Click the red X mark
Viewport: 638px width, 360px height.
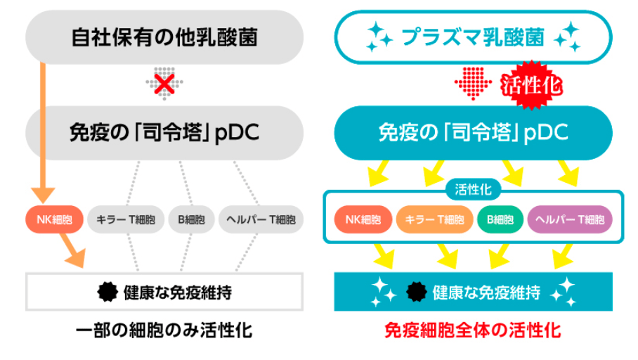click(x=164, y=84)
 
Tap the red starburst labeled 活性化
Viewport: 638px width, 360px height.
click(x=531, y=85)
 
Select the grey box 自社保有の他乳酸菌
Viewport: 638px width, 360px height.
click(x=164, y=37)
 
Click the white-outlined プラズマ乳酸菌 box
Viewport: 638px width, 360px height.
click(x=473, y=37)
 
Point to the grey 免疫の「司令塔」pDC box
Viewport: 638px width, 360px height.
click(x=164, y=133)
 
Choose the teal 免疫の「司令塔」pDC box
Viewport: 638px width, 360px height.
click(x=473, y=133)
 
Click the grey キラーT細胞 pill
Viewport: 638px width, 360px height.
click(x=126, y=219)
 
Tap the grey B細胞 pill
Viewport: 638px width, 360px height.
click(x=191, y=219)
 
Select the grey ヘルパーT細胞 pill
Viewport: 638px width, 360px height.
click(x=261, y=219)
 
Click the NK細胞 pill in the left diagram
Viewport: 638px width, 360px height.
click(x=55, y=219)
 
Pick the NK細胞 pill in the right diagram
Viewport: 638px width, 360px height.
click(x=363, y=219)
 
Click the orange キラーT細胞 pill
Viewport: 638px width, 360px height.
click(x=434, y=219)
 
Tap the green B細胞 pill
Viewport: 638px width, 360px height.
click(x=500, y=219)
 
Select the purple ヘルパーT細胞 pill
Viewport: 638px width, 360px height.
click(x=570, y=219)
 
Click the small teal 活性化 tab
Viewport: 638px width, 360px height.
click(x=473, y=189)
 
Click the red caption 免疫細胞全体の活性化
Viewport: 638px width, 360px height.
click(x=473, y=330)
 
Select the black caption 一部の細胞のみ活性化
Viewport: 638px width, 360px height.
click(x=164, y=330)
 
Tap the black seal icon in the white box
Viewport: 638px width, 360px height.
click(x=108, y=292)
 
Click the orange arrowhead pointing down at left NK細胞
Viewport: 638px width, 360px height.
click(x=43, y=195)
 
